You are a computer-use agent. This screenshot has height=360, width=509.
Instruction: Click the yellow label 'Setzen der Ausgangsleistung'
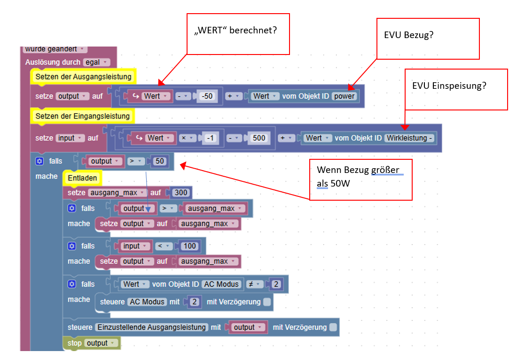point(83,76)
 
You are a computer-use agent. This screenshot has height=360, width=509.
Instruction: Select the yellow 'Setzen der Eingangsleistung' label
point(82,116)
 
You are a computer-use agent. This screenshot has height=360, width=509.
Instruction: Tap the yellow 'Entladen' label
point(82,178)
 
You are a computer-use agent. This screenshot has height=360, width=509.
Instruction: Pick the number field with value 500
point(258,138)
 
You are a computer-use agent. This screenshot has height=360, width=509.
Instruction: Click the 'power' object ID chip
point(345,96)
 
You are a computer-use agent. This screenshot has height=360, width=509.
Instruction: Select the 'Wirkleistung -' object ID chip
point(410,138)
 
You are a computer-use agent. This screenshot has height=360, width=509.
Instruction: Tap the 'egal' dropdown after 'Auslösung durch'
point(96,62)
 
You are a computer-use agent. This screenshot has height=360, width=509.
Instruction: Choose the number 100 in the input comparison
point(190,246)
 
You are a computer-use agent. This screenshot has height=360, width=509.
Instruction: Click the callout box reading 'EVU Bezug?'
point(428,39)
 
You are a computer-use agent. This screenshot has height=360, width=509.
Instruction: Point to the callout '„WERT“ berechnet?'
point(238,33)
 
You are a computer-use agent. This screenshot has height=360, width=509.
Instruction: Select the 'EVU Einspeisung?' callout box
point(456,89)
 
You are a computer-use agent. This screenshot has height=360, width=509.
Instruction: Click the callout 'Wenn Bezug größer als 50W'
point(360,179)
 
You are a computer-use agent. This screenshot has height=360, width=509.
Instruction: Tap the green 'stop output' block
point(92,343)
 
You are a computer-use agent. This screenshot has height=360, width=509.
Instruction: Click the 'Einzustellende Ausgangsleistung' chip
point(151,327)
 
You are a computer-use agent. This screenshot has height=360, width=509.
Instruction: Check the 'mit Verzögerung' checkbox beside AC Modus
point(267,302)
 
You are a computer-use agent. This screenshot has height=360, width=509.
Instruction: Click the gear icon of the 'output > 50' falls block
point(39,161)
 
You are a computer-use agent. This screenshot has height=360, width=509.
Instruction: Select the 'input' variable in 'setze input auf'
point(68,138)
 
